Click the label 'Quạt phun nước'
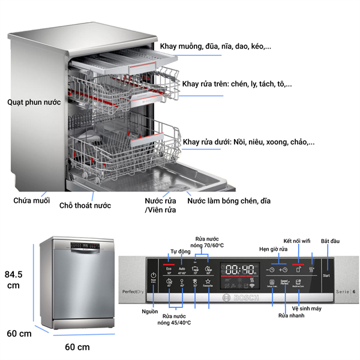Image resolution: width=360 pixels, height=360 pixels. click(34, 103)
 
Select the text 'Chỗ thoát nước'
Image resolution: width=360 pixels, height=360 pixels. click(85, 205)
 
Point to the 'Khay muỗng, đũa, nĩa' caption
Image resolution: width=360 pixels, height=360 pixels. click(220, 46)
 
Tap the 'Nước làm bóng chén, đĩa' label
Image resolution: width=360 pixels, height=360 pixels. click(229, 201)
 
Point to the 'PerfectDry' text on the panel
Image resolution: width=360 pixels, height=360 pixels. click(132, 291)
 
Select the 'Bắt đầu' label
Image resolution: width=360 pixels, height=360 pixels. click(331, 241)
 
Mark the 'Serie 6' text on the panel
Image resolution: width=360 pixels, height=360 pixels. click(344, 291)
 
